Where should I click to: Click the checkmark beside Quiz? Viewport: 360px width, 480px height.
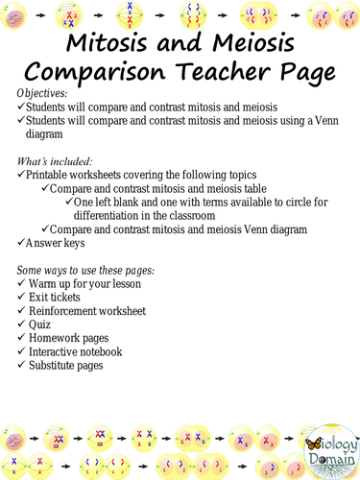tap(21, 324)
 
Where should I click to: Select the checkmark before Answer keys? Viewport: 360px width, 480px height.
tap(21, 244)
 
